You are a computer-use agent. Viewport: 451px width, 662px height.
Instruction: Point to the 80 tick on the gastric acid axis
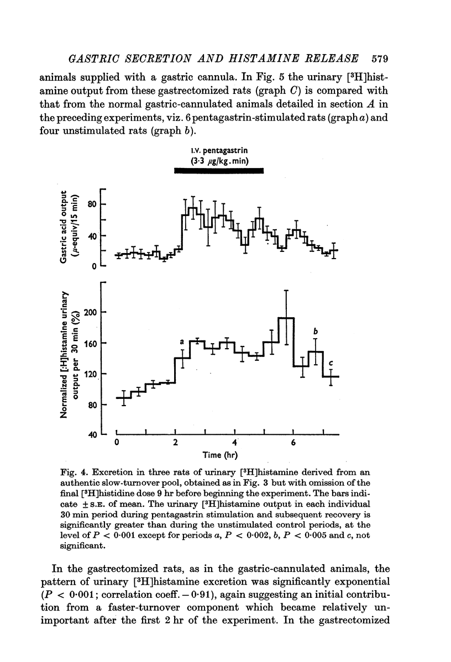92,204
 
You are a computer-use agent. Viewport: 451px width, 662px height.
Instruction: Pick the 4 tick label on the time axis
235,443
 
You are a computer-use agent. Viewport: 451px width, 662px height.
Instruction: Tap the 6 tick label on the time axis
293,443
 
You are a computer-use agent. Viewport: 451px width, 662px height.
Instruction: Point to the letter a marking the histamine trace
181,343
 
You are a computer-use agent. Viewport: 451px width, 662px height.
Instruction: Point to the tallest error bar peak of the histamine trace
286,291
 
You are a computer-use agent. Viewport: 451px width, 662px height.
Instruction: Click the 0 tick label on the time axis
117,443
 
